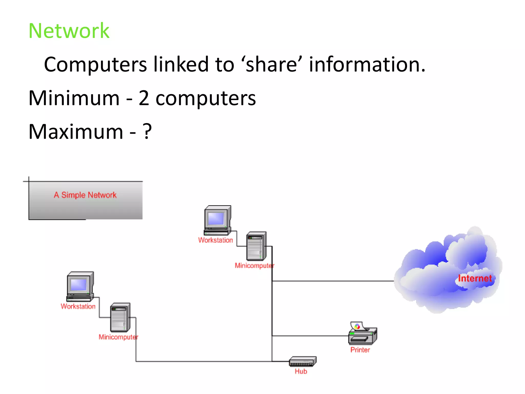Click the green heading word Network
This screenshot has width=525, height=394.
(69, 31)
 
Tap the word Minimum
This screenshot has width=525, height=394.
(74, 98)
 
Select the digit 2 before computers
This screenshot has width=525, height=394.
(144, 98)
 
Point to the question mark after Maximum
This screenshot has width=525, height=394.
(147, 131)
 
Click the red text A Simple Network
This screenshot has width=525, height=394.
(85, 195)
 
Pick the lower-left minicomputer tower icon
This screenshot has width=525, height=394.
(120, 318)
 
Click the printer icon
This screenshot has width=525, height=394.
(362, 333)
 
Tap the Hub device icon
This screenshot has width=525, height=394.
(302, 361)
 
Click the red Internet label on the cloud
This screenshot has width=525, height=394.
(475, 278)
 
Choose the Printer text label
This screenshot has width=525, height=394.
(360, 350)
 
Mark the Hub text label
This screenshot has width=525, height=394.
(301, 371)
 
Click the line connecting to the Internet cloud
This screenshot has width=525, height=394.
(333, 281)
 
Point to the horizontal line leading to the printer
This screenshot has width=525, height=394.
(310, 336)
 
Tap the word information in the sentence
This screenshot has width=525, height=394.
(367, 64)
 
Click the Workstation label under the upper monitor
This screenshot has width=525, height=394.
(215, 240)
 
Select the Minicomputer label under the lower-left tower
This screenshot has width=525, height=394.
(118, 337)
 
